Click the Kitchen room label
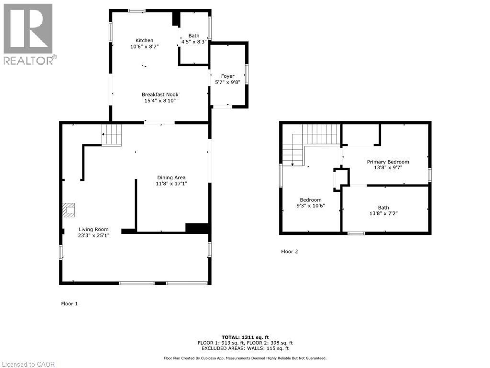pyautogui.click(x=144, y=40)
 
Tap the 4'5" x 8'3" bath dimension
pyautogui.click(x=194, y=42)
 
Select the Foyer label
pyautogui.click(x=227, y=76)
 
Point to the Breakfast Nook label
pyautogui.click(x=160, y=95)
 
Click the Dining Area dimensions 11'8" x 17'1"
pyautogui.click(x=171, y=183)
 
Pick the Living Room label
pyautogui.click(x=93, y=229)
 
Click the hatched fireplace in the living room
pyautogui.click(x=68, y=210)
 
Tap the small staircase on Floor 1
pyautogui.click(x=112, y=135)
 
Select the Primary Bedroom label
pyautogui.click(x=388, y=162)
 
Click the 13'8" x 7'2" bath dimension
pyautogui.click(x=383, y=213)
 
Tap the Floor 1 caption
pyautogui.click(x=69, y=304)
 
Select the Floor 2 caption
pyautogui.click(x=289, y=251)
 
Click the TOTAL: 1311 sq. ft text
pyautogui.click(x=245, y=337)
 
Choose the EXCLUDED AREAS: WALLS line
pyautogui.click(x=245, y=348)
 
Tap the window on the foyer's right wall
pyautogui.click(x=247, y=74)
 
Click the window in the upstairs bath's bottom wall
pyautogui.click(x=356, y=233)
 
